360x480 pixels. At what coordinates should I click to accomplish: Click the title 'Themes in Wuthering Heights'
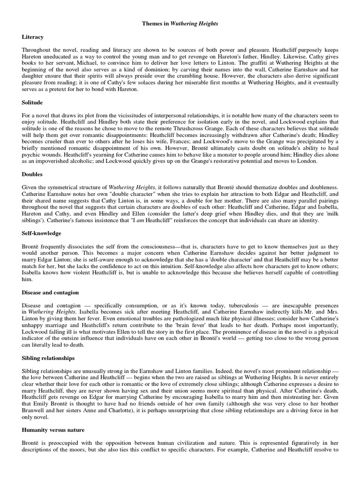[180, 23]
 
